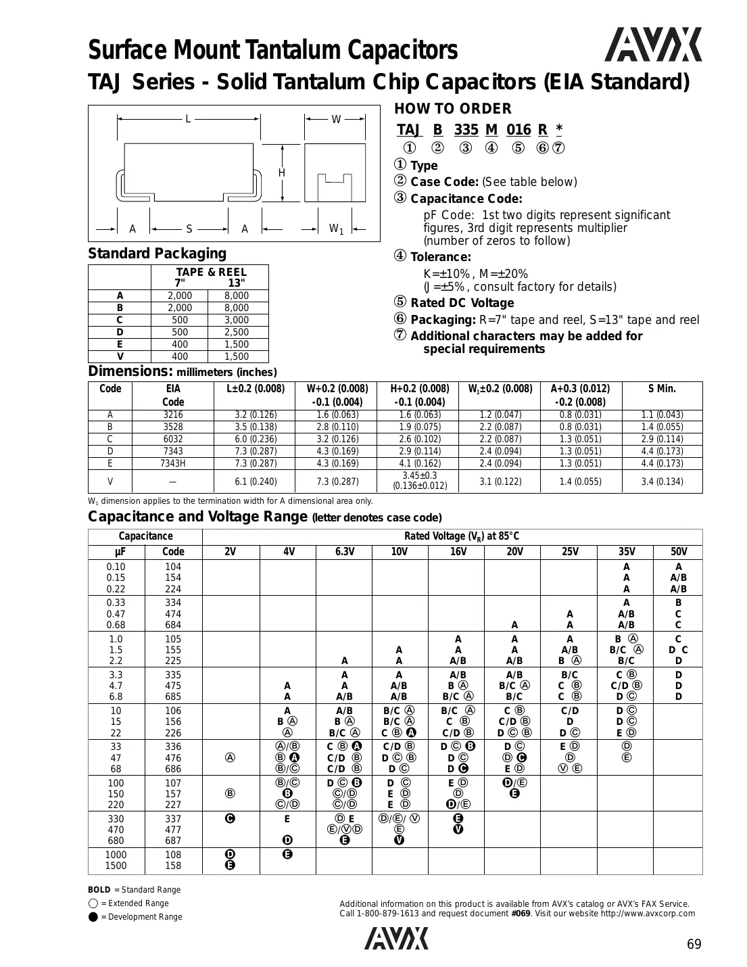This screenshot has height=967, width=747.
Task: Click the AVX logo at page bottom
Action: [397, 939]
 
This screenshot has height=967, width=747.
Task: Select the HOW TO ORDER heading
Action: [452, 109]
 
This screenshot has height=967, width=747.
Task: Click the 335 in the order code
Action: [466, 130]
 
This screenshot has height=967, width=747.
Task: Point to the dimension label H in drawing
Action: [282, 173]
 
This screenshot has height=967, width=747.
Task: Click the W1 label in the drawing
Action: [336, 229]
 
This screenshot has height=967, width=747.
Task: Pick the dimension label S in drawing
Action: [189, 229]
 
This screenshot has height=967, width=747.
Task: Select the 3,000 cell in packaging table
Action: [236, 320]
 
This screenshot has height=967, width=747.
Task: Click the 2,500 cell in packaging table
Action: [236, 332]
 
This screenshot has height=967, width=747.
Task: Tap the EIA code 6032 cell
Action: [173, 439]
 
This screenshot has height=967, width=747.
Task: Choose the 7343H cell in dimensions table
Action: [173, 463]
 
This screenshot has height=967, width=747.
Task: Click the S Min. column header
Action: [661, 389]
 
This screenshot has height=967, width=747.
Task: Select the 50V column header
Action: [677, 552]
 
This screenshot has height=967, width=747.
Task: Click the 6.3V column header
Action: [344, 552]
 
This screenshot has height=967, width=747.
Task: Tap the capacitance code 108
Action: [173, 855]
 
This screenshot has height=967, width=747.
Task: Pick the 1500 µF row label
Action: [116, 866]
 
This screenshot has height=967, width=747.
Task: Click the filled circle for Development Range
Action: [93, 917]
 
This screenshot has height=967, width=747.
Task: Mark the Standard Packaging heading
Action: [158, 254]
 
